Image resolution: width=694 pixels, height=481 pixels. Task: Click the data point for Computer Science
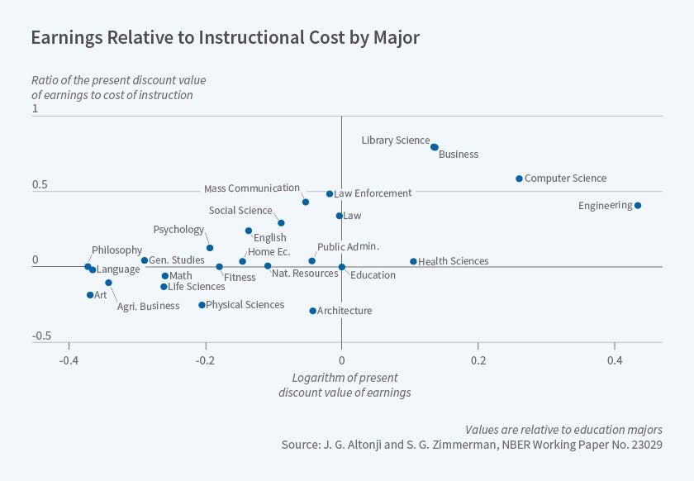519,179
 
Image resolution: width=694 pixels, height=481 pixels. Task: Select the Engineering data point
638,206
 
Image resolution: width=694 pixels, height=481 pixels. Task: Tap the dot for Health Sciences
414,261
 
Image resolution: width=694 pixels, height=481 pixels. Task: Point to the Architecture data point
312,311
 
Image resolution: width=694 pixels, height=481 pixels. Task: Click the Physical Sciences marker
202,305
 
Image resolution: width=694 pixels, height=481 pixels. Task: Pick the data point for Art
90,295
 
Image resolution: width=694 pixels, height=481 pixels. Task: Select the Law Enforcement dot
330,194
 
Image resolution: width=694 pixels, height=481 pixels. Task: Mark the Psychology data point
210,248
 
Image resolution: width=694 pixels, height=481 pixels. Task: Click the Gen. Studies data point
145,260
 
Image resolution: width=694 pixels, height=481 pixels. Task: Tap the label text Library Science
395,140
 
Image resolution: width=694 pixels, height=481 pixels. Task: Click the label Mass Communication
251,188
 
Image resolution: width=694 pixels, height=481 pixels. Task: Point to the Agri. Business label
148,307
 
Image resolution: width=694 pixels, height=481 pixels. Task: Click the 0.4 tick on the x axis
614,361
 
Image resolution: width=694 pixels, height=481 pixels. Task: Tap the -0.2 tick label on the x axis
204,361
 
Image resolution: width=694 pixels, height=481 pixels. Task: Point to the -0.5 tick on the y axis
41,336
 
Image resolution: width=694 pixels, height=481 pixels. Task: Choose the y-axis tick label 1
35,109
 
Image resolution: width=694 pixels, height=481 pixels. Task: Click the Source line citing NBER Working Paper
472,445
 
